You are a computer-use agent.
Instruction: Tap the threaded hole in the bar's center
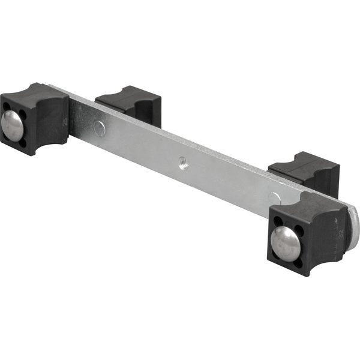coord(183,161)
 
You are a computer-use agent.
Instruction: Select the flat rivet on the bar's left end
coord(98,127)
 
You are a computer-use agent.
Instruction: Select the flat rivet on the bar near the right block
coord(273,197)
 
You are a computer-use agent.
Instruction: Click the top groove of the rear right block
coord(303,159)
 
